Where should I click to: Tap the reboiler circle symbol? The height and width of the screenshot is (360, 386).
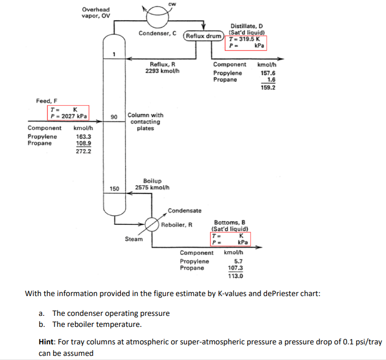pos(152,225)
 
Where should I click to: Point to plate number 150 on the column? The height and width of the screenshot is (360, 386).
pos(114,189)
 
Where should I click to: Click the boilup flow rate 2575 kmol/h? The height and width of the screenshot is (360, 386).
pos(152,188)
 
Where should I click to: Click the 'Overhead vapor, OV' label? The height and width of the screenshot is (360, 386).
pos(96,12)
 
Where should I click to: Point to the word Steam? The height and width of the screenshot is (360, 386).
pos(134,239)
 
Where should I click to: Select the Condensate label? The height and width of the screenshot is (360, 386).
pos(184,211)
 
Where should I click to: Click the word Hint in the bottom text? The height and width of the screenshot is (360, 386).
pos(48,343)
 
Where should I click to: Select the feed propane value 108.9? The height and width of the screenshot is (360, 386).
pos(83,143)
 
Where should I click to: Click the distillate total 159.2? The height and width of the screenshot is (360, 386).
pos(267,87)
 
